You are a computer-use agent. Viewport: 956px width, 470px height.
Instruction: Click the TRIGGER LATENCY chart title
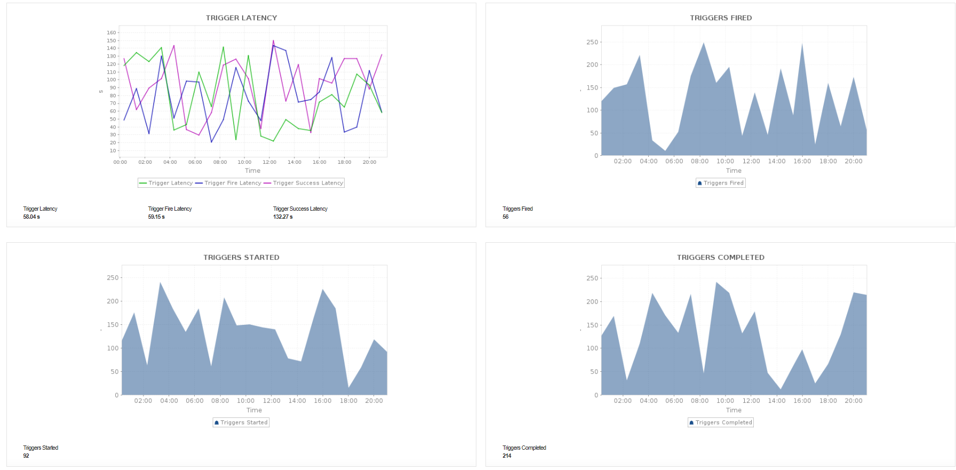[x=241, y=18]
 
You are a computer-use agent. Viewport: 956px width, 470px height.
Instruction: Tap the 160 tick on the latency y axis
[x=111, y=33]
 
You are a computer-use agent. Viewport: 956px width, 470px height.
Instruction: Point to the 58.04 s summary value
[x=31, y=217]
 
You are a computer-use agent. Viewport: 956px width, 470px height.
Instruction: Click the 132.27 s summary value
[x=283, y=217]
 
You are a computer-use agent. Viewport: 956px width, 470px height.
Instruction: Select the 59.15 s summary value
[x=156, y=217]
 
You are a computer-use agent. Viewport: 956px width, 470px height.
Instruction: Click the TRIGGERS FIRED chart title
[x=721, y=18]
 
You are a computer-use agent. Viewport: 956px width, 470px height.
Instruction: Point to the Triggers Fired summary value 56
[x=506, y=217]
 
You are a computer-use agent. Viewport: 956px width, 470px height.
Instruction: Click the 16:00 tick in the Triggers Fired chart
[x=802, y=161]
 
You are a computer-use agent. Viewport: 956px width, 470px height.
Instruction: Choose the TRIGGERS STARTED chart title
[x=241, y=257]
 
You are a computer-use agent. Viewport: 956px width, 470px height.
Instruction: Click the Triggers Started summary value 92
[x=26, y=456]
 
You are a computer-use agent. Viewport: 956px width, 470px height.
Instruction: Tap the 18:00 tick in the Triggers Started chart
[x=348, y=401]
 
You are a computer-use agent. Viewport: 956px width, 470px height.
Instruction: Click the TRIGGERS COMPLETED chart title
[x=721, y=257]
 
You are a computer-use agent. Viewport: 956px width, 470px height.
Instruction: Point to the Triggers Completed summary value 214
[x=507, y=456]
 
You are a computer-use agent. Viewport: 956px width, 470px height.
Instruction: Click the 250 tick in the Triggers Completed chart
[x=592, y=278]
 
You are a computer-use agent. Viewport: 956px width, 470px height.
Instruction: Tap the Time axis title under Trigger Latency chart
[x=253, y=171]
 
